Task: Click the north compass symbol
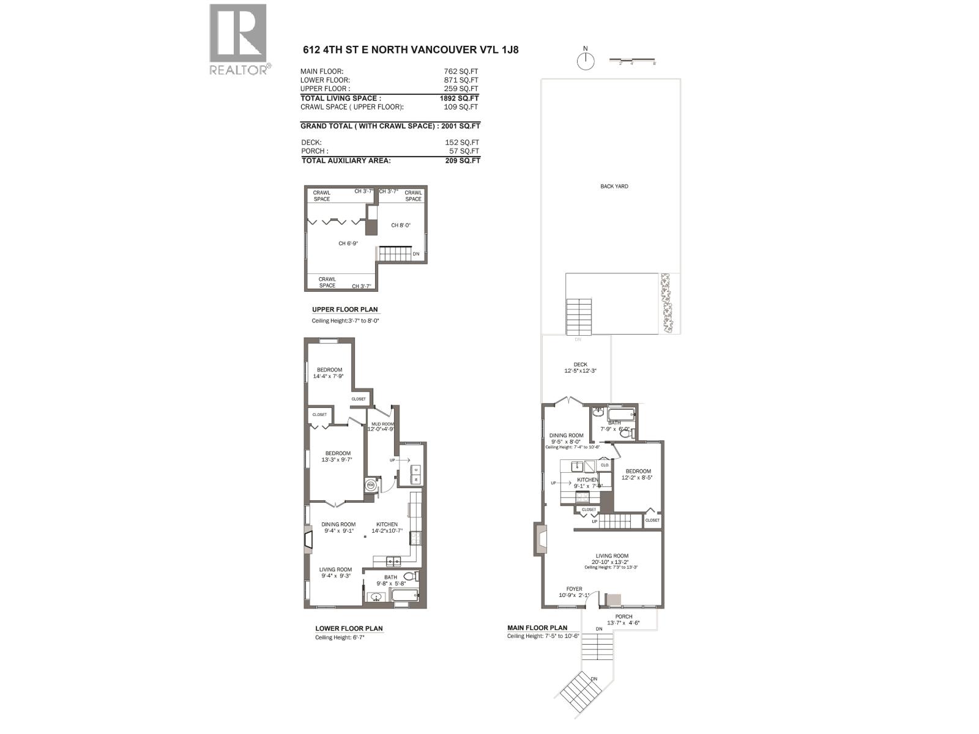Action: [x=586, y=61]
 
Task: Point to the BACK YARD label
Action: [x=614, y=187]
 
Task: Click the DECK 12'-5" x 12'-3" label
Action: [x=579, y=368]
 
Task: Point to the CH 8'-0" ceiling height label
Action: [x=401, y=225]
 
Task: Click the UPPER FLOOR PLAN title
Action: [x=344, y=310]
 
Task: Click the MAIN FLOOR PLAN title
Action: [x=537, y=628]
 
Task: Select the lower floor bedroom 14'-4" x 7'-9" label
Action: [x=329, y=373]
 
